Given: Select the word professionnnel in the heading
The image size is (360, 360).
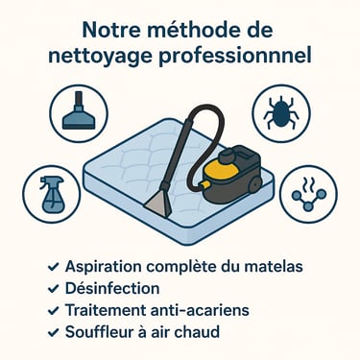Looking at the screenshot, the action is click(235, 57).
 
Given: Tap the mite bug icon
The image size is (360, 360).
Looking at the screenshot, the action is click(281, 112).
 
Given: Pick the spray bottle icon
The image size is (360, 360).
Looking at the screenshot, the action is click(51, 194).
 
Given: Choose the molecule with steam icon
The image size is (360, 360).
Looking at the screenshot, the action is click(309, 194).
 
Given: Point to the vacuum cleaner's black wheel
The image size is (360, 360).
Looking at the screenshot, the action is click(254, 184).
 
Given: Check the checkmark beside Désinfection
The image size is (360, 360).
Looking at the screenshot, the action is click(53, 289).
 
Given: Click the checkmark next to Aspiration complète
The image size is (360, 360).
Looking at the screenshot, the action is click(53, 267).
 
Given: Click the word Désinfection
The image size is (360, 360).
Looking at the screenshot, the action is click(112, 288).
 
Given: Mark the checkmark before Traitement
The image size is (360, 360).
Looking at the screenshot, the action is click(53, 311).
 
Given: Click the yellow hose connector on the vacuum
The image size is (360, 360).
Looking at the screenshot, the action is click(204, 184).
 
